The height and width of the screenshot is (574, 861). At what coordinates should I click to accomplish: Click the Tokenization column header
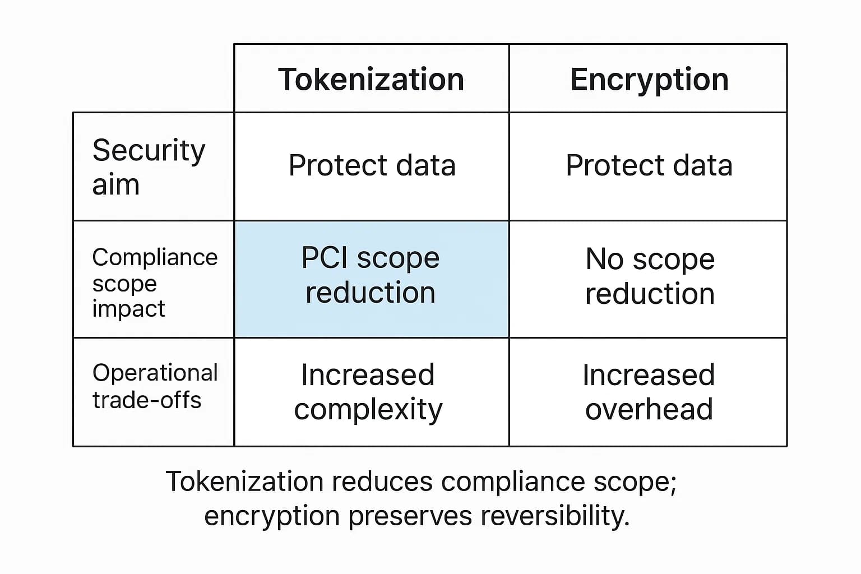click(x=371, y=79)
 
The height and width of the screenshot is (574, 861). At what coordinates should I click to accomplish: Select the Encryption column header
click(x=649, y=79)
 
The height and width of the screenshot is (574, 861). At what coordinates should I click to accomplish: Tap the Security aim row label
click(x=149, y=166)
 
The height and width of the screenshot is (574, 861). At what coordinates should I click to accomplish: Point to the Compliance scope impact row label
click(x=154, y=283)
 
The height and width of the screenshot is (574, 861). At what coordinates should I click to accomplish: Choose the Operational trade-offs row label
click(x=154, y=386)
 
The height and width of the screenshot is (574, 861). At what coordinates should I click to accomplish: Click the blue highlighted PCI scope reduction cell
click(x=371, y=279)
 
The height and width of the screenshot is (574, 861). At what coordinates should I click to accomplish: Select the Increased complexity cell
click(x=368, y=392)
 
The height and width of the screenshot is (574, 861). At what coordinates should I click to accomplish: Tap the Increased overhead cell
click(x=649, y=392)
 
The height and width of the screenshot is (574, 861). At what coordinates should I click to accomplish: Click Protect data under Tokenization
click(x=372, y=165)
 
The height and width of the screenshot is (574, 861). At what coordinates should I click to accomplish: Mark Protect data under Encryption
click(x=649, y=165)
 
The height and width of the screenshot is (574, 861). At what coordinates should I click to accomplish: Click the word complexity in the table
click(x=368, y=410)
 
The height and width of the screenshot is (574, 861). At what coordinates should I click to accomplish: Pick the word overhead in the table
click(x=649, y=409)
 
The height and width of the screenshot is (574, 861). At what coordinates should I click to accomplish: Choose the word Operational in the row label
click(x=155, y=373)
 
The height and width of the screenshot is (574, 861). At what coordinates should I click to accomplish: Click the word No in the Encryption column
click(x=604, y=259)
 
